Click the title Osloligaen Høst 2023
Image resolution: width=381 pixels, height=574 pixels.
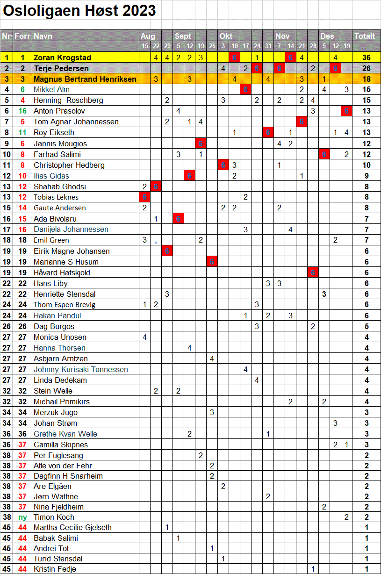coord(79,11)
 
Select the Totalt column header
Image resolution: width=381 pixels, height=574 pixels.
coord(365,36)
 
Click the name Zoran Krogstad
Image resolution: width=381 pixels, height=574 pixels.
coord(62,57)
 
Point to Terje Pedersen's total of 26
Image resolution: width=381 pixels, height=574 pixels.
coord(367,68)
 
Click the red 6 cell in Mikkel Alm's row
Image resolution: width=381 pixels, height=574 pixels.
coord(245,89)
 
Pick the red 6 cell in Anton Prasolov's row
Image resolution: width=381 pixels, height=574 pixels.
coord(346,111)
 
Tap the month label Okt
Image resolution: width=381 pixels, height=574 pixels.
coord(226,36)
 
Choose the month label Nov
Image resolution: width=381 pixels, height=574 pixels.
coord(282,36)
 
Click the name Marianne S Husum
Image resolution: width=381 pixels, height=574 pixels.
coord(66,262)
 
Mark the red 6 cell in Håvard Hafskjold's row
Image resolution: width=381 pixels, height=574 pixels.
coord(313,273)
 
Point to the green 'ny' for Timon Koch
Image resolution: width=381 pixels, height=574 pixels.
coord(22,517)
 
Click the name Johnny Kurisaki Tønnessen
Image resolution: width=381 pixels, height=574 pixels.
coord(80,369)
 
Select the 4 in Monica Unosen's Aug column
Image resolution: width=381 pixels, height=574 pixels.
coord(144,337)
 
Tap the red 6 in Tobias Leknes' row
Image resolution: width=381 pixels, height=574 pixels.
coord(144,197)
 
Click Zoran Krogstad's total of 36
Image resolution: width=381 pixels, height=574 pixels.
coord(367,57)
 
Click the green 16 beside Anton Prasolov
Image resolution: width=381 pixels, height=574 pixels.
coord(22,111)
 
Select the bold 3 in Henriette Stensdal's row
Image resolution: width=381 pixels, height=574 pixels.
coord(324,294)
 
